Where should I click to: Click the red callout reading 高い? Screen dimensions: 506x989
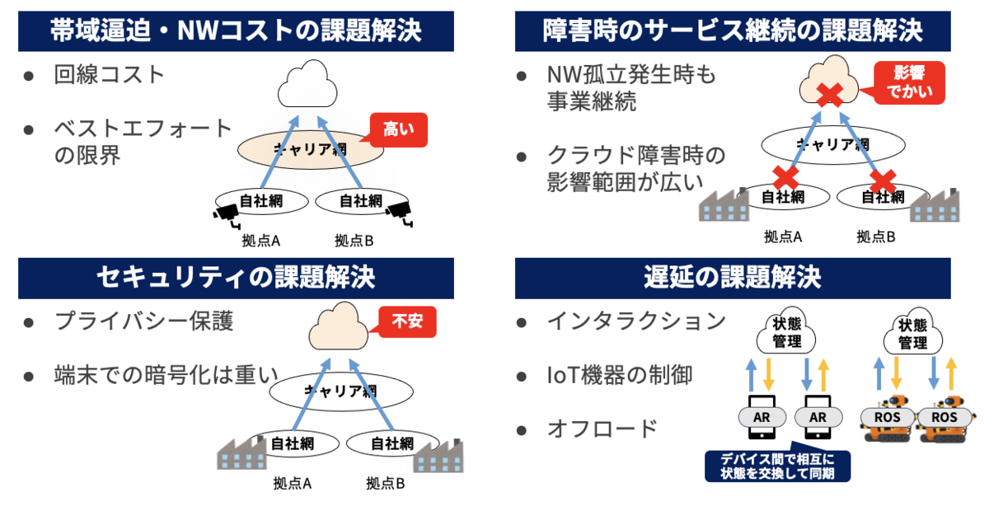(400, 129)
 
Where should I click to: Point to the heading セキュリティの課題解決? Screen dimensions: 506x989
(236, 278)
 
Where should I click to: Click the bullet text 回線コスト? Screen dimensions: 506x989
(110, 75)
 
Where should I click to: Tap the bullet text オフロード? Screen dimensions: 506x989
(602, 429)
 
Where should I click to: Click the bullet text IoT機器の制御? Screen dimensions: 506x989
(620, 375)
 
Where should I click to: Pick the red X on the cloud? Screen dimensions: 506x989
(828, 96)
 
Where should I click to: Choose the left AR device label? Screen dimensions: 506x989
(761, 417)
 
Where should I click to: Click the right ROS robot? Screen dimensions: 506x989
(943, 420)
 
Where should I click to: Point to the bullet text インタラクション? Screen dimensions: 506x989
(636, 321)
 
